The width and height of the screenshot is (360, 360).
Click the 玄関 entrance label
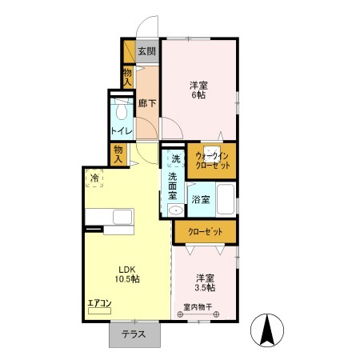click(x=147, y=51)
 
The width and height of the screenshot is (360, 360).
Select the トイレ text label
click(x=122, y=131)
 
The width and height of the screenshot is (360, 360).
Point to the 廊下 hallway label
click(x=147, y=103)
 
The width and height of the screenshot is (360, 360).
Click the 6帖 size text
click(x=198, y=95)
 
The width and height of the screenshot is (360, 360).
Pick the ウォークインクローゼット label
click(x=212, y=161)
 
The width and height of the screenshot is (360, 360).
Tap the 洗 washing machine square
click(x=176, y=158)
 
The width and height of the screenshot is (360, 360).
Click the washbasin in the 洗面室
click(x=176, y=210)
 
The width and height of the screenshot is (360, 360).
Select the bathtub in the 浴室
click(x=226, y=199)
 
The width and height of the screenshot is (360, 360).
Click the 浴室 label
click(x=201, y=199)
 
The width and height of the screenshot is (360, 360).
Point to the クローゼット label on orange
click(x=206, y=232)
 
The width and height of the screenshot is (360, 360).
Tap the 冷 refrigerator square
click(x=94, y=178)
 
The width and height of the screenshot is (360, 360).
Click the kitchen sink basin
click(x=122, y=217)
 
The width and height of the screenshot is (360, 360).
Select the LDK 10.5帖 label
click(x=127, y=274)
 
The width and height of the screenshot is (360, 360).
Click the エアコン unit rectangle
click(x=99, y=311)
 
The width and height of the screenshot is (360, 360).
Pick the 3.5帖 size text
click(x=205, y=288)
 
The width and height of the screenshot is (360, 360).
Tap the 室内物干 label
click(x=198, y=307)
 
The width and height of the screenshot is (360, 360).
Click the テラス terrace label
click(x=134, y=334)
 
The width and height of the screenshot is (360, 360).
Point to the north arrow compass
click(x=267, y=330)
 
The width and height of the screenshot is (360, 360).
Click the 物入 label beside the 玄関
click(x=128, y=77)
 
